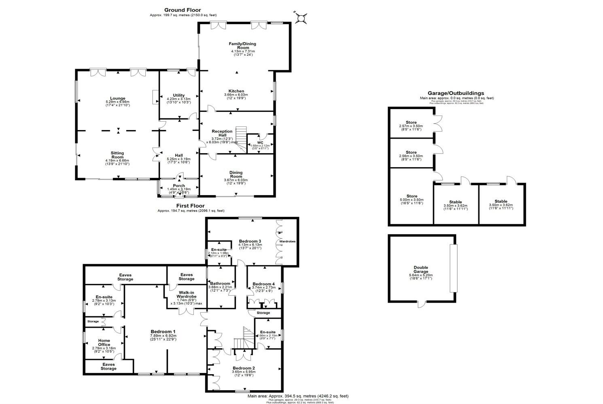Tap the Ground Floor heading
[x=182, y=10]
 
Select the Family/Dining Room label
[x=242, y=46]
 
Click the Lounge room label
[x=118, y=98]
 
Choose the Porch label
[x=178, y=186]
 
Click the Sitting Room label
[x=117, y=155]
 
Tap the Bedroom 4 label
[x=263, y=284]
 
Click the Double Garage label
[x=421, y=267]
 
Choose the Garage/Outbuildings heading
[x=456, y=93]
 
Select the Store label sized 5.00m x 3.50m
[x=411, y=196]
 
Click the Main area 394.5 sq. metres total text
[x=298, y=396]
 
